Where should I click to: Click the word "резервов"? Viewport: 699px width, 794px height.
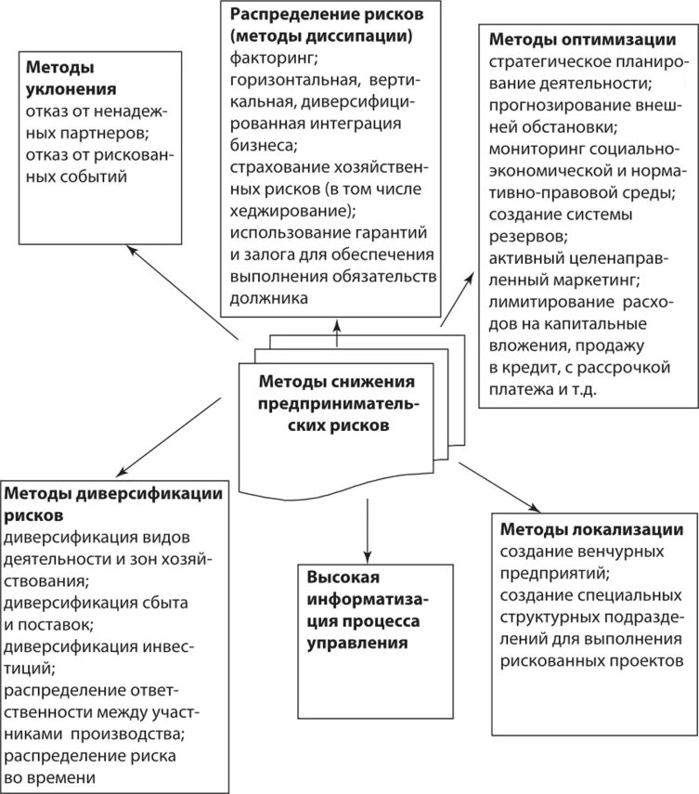(526, 235)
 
